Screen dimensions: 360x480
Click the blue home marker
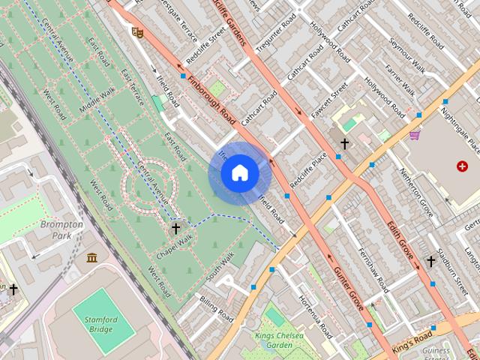(239, 173)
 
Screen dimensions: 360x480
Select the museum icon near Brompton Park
(91, 258)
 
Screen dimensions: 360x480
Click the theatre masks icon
(136, 31)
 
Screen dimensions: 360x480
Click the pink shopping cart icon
(415, 135)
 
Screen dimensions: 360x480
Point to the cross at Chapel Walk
(176, 227)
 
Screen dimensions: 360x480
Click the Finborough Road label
(212, 99)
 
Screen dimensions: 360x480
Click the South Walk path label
(220, 267)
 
